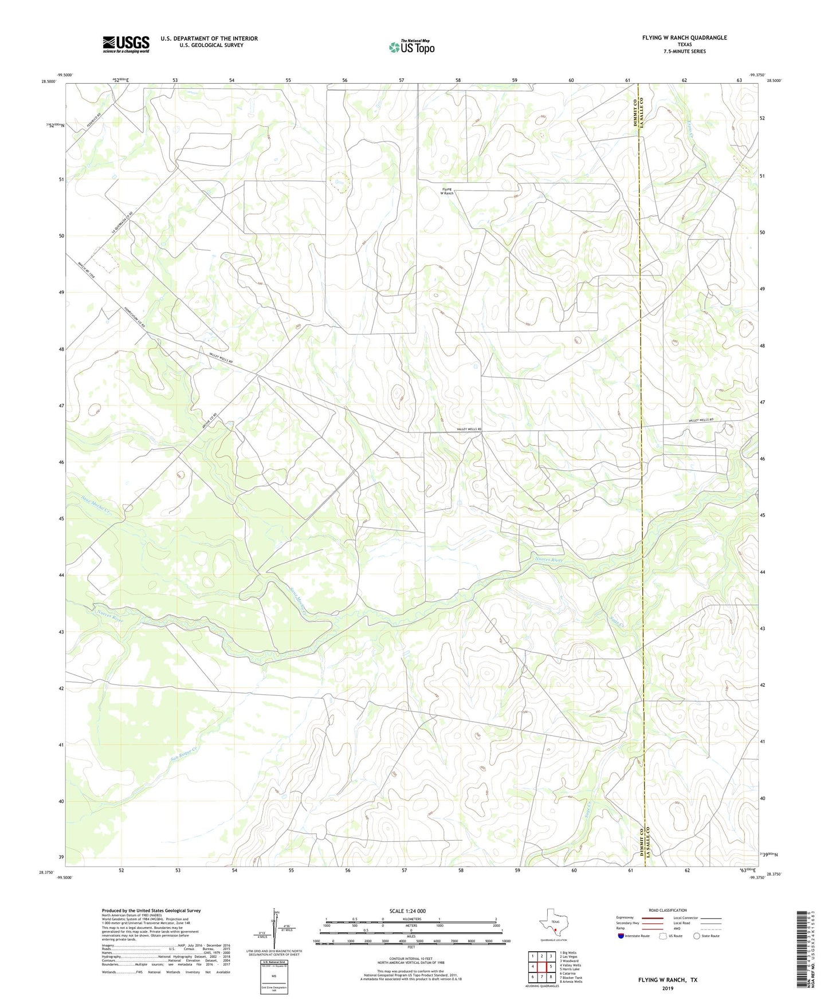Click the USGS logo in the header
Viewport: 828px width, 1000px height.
pyautogui.click(x=126, y=44)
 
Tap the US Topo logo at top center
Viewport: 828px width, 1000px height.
pyautogui.click(x=411, y=47)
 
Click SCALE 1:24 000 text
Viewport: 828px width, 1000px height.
pyautogui.click(x=407, y=911)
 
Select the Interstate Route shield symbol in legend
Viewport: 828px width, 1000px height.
pyautogui.click(x=621, y=936)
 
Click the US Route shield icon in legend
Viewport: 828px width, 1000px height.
pyautogui.click(x=664, y=936)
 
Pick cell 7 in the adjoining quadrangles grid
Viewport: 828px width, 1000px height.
pyautogui.click(x=541, y=977)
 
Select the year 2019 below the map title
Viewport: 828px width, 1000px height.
pyautogui.click(x=668, y=989)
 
